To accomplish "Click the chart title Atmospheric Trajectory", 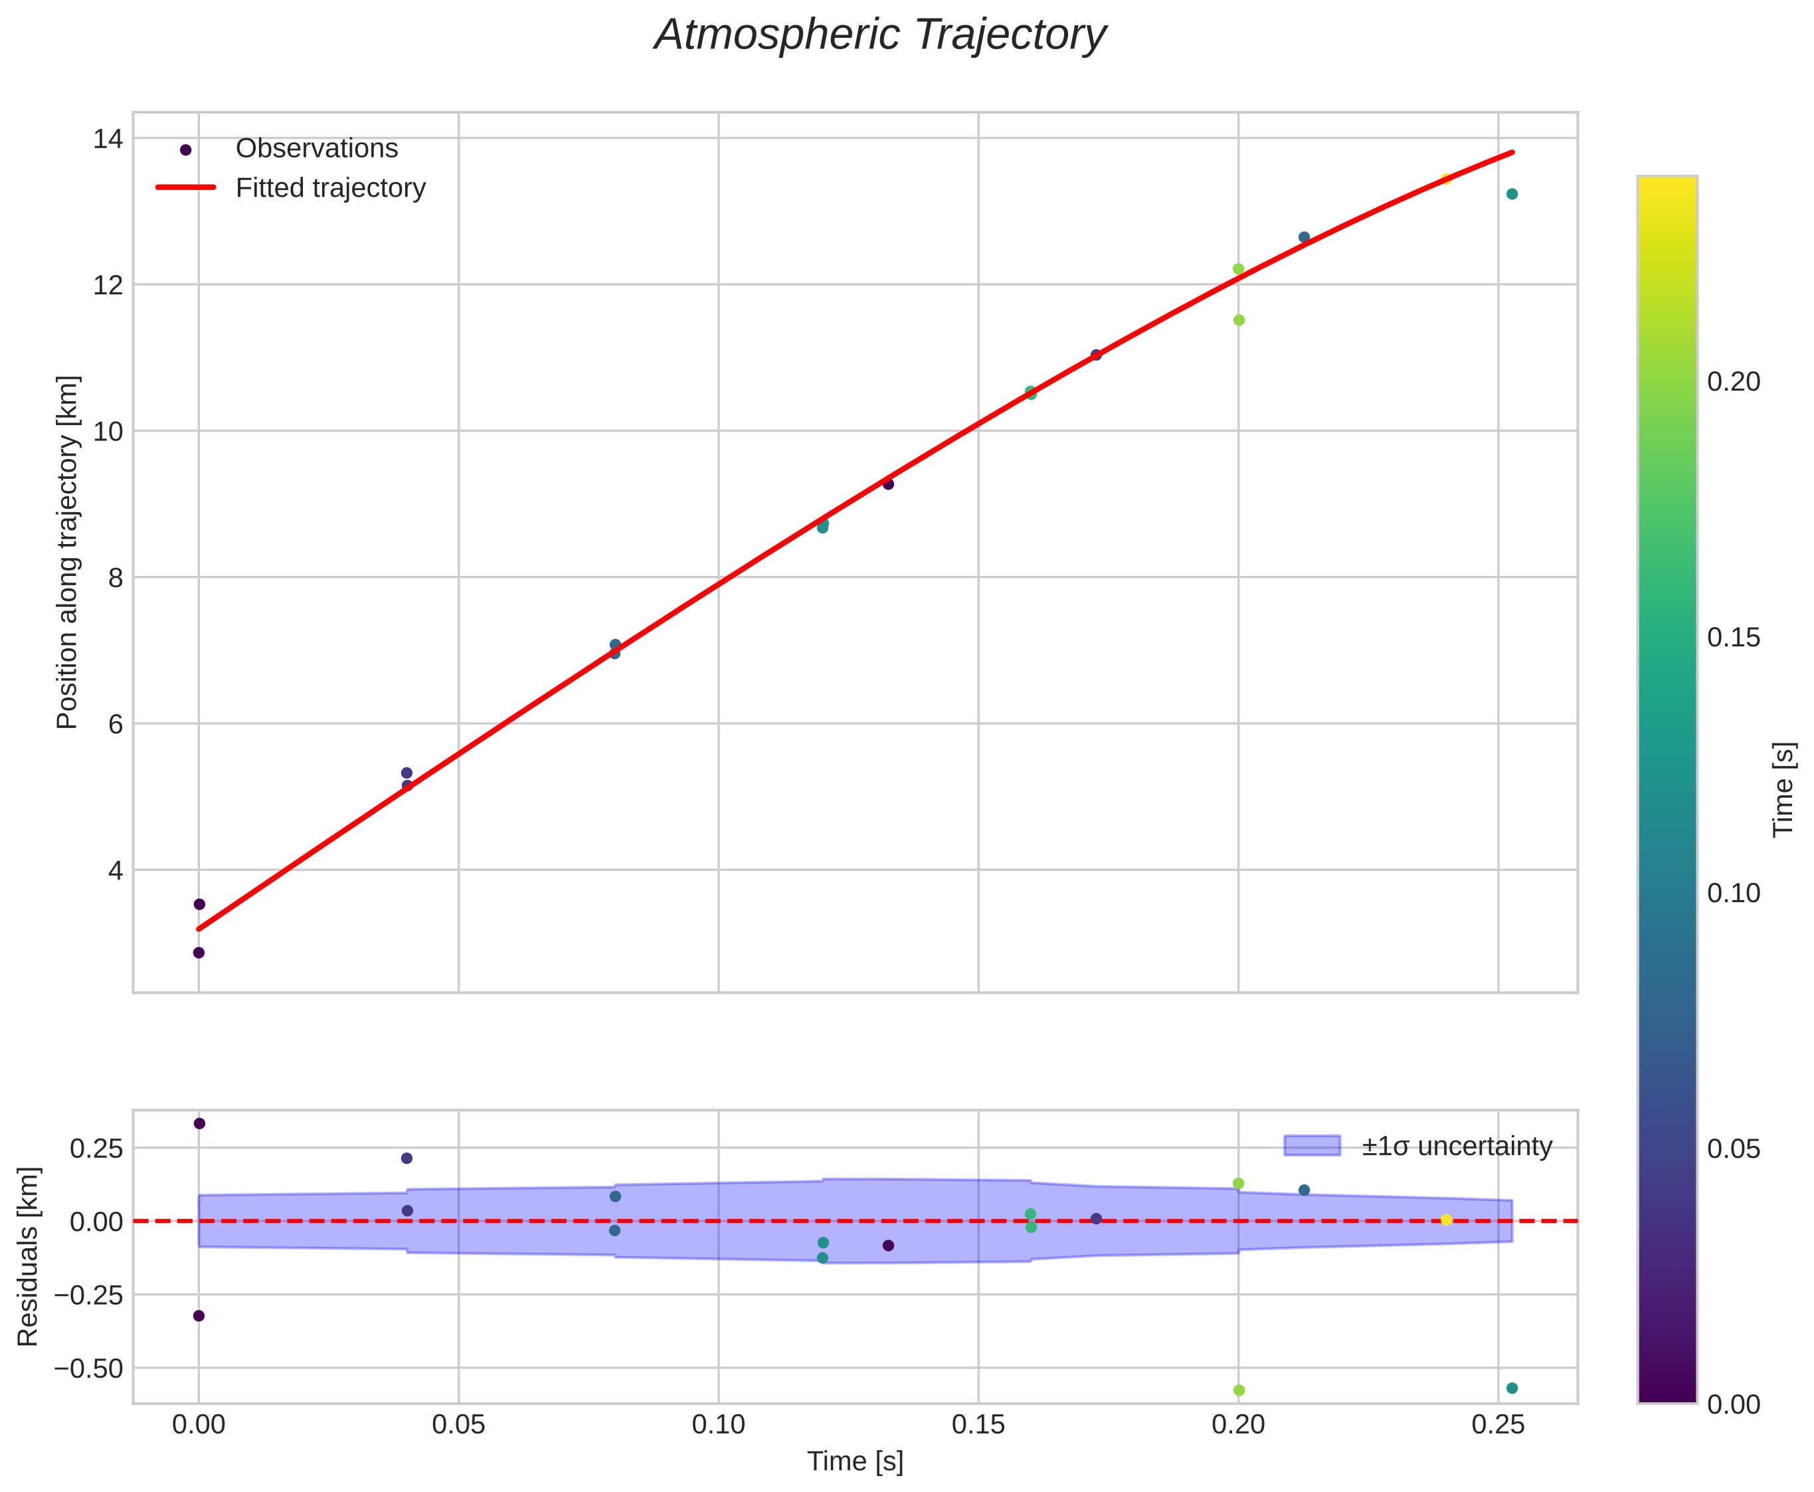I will [x=880, y=36].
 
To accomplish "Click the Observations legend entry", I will [x=316, y=149].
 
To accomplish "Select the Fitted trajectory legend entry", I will [x=330, y=188].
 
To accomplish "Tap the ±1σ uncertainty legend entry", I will [x=1456, y=1147].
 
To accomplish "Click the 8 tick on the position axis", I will [x=115, y=577].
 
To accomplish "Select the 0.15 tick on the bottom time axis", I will [x=978, y=1425].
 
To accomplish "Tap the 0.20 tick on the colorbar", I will [x=1733, y=381].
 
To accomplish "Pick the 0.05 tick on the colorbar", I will [x=1733, y=1149].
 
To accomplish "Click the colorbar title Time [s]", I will [x=1784, y=789].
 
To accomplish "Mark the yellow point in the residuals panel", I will [x=1446, y=1220].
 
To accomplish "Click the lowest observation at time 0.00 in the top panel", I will [x=199, y=953].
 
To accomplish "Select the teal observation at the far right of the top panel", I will [x=1512, y=194].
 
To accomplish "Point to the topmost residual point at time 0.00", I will [x=199, y=1123].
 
